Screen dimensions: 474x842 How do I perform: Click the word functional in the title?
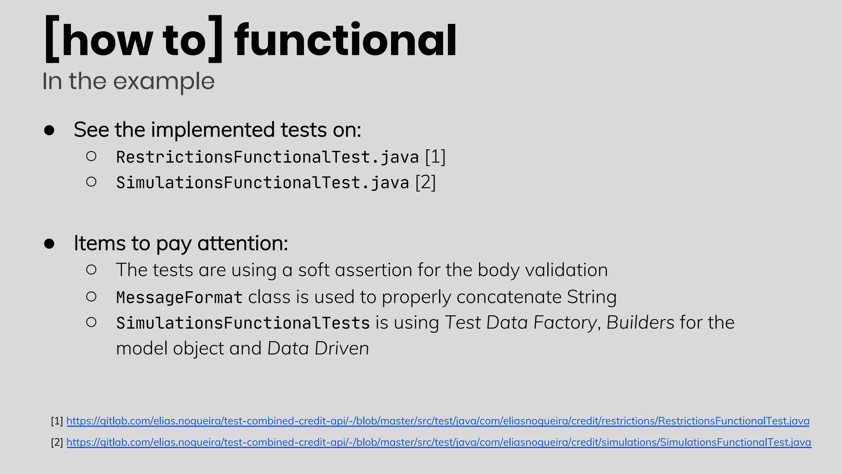point(345,40)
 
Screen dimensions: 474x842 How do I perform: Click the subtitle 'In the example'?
point(128,81)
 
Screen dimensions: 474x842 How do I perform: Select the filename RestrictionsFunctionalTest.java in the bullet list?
point(267,157)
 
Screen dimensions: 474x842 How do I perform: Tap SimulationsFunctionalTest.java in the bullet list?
point(262,183)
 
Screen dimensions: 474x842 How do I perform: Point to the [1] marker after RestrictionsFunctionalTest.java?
point(435,157)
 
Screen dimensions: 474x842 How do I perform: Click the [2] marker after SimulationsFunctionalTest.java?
point(426,182)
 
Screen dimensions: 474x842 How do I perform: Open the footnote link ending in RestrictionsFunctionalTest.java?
point(437,421)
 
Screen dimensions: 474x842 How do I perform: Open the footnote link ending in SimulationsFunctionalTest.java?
point(439,442)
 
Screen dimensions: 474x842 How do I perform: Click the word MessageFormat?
point(179,297)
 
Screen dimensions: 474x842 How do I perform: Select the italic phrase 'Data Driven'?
point(318,349)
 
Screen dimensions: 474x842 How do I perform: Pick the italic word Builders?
point(640,323)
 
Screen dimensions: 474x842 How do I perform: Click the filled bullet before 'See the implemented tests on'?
point(49,130)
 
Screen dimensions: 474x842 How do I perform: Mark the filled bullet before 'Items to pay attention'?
point(49,244)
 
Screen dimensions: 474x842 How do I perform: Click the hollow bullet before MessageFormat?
point(91,296)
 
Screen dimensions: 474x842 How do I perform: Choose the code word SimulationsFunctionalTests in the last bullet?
point(243,323)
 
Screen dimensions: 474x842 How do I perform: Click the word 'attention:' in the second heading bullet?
point(243,243)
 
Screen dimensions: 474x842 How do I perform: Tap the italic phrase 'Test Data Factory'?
point(520,323)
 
